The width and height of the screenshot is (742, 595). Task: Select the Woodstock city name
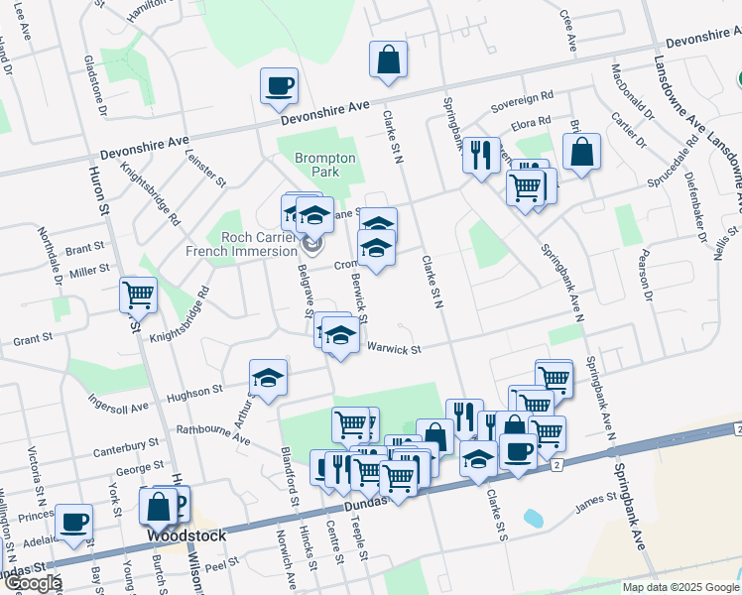click(x=186, y=535)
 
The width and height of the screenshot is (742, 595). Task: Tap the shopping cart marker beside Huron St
click(x=138, y=294)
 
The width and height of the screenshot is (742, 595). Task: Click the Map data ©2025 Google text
click(x=680, y=587)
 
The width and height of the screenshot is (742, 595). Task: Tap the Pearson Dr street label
click(x=647, y=282)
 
